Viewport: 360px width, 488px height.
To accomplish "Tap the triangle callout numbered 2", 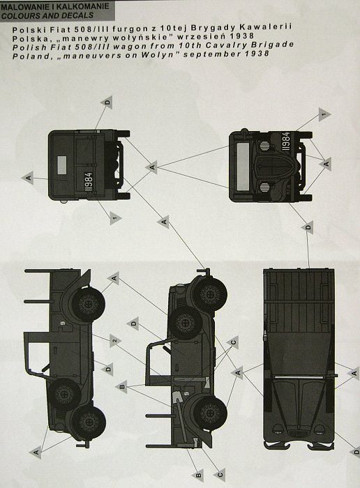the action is pyautogui.click(x=115, y=341).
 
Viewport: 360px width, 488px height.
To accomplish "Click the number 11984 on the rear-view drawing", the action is pyautogui.click(x=89, y=183).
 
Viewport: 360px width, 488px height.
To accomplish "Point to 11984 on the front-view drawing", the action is pyautogui.click(x=286, y=142).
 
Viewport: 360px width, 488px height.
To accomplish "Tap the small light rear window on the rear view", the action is pyautogui.click(x=61, y=165).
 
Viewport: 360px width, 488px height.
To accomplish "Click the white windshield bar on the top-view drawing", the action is pyautogui.click(x=299, y=377).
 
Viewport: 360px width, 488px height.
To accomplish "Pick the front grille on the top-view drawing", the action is pyautogui.click(x=298, y=433).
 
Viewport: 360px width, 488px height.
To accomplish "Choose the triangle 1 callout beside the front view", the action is pyautogui.click(x=324, y=115).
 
